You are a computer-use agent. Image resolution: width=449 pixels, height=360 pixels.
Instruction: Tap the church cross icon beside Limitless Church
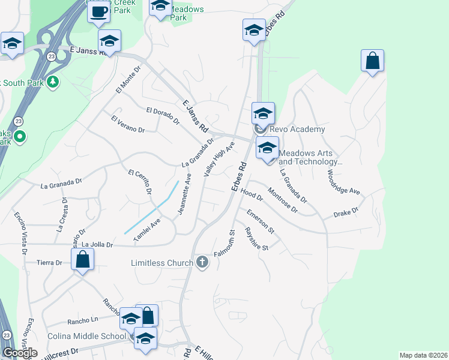[x=202, y=262]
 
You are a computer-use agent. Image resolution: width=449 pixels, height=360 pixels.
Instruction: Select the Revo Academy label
[x=297, y=129]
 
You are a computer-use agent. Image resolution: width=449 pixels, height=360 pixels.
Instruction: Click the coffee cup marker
[x=99, y=11]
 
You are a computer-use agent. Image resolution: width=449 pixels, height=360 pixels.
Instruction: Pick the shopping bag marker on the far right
[x=372, y=61]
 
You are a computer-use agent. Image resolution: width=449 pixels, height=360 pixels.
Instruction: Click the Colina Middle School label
[x=88, y=336]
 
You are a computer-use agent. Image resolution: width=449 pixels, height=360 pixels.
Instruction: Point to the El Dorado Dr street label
[x=163, y=115]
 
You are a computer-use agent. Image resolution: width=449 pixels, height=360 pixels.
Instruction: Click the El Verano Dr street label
[x=128, y=125]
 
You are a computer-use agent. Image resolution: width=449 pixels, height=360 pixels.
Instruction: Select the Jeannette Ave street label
[x=184, y=194]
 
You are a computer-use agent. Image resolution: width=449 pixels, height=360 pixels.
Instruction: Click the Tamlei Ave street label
[x=147, y=230]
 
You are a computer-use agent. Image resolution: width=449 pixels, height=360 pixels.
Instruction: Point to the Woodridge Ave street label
[x=343, y=182]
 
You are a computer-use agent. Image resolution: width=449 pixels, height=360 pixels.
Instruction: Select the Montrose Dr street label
[x=282, y=200]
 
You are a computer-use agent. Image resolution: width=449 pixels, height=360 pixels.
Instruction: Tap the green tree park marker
[x=53, y=82]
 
